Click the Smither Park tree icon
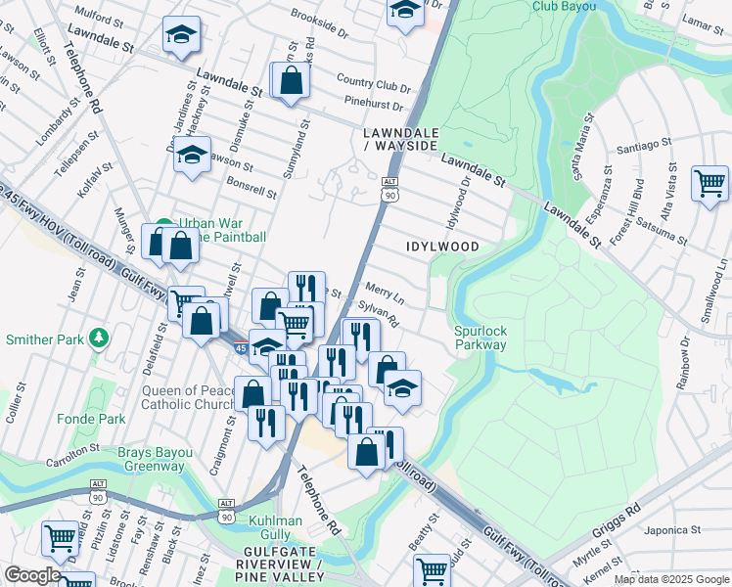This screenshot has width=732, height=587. click(x=98, y=339)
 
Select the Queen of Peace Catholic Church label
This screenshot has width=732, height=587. click(x=189, y=397)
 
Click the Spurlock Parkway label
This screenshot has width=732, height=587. click(x=480, y=338)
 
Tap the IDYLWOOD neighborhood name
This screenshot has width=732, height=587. click(x=443, y=247)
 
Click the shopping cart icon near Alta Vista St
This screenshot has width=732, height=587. click(x=709, y=183)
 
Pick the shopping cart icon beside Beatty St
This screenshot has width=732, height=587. click(x=432, y=570)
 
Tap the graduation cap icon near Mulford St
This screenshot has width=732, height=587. click(x=181, y=35)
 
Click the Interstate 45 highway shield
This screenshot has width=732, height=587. click(x=241, y=347)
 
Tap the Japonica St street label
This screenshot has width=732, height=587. click(x=674, y=532)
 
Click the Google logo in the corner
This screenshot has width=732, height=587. click(x=32, y=575)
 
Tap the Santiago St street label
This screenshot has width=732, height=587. click(x=645, y=146)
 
